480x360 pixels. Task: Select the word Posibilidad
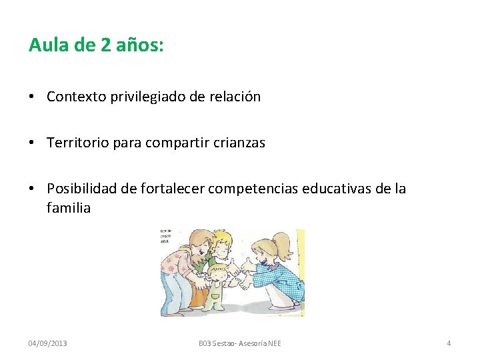(x=83, y=189)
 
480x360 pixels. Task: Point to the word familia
(x=69, y=208)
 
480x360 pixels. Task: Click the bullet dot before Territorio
(x=33, y=143)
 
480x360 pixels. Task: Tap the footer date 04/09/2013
(x=47, y=343)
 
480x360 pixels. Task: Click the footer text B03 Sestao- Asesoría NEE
(x=240, y=343)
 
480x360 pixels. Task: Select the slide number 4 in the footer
(x=449, y=343)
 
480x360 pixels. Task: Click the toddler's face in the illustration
(x=217, y=275)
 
